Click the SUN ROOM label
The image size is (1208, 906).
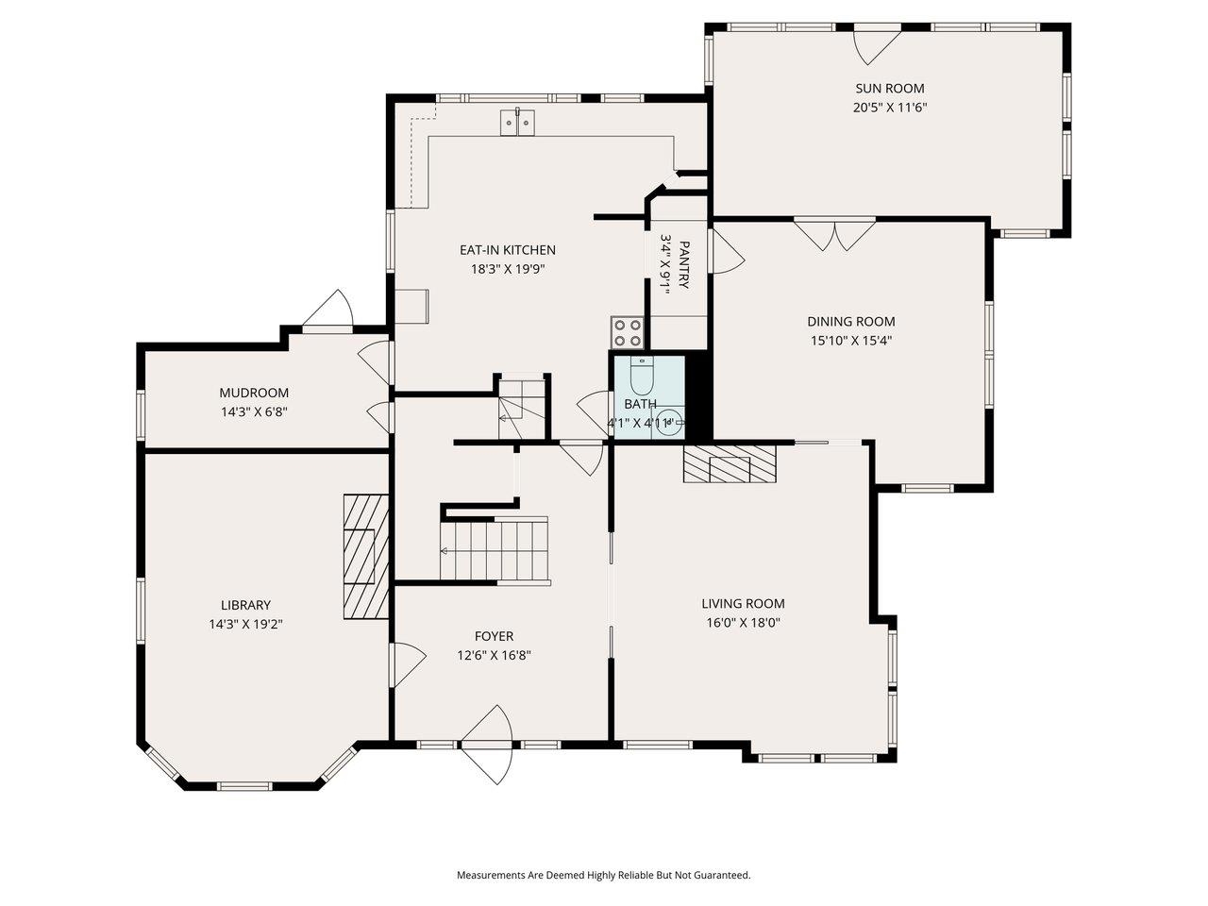(x=889, y=88)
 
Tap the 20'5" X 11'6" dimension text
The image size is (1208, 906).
(x=889, y=108)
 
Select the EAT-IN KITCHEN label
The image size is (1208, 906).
(x=508, y=250)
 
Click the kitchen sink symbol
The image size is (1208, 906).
(x=517, y=122)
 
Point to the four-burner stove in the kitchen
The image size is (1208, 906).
(x=627, y=333)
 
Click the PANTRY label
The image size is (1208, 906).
(x=683, y=264)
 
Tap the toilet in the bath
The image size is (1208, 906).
(x=641, y=376)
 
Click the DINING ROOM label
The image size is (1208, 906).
(x=851, y=321)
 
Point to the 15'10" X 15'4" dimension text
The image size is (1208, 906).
(x=851, y=341)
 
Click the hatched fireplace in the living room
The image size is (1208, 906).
(x=730, y=463)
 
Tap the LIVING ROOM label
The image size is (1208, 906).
(x=743, y=603)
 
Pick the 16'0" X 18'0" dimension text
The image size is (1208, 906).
(x=743, y=623)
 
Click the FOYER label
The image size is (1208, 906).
(x=494, y=636)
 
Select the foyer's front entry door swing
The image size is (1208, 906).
(x=488, y=745)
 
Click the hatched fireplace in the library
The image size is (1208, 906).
(x=366, y=556)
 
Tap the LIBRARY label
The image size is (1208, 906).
(x=245, y=605)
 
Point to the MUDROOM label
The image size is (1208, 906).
(x=254, y=393)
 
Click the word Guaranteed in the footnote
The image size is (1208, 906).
(x=722, y=875)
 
